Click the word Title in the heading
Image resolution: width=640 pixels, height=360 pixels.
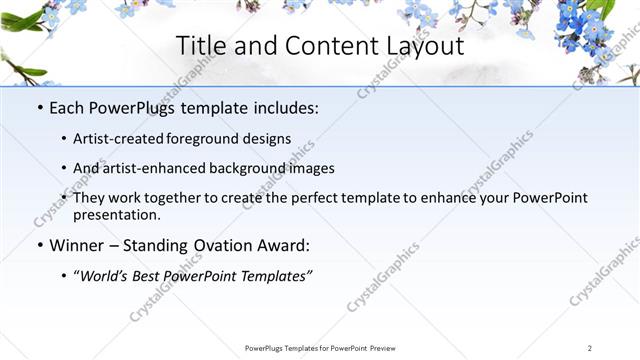199,46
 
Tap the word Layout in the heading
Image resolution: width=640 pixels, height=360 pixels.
426,46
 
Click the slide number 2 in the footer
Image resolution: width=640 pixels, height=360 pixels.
590,348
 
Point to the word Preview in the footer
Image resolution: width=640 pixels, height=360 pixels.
377,348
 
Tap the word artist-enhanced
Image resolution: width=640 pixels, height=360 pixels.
149,168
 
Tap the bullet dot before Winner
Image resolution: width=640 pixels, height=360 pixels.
39,245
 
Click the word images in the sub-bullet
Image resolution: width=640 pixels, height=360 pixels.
312,168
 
